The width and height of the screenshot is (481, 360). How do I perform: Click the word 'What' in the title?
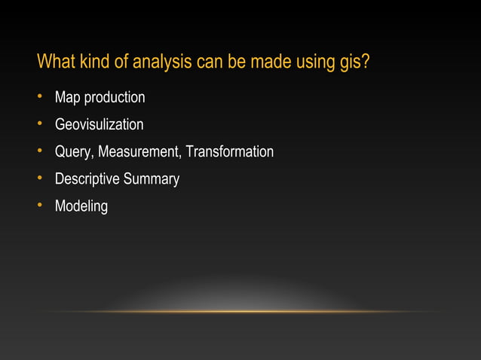54,60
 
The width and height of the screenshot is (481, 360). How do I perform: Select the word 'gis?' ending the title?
354,62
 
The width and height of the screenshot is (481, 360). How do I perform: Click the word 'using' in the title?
317,62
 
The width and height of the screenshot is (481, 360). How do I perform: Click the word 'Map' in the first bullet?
67,98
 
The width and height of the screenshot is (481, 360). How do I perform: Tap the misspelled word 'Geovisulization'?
99,125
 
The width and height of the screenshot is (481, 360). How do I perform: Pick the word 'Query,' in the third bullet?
75,153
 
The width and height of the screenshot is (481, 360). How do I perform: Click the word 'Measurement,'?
140,152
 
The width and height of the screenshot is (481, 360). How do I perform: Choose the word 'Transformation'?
230,152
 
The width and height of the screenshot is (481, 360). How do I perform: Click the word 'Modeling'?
81,206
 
